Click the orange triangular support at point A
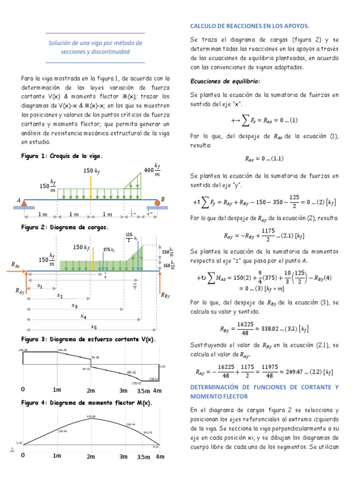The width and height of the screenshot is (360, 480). point(26,202)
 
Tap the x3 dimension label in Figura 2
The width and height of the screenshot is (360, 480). point(74,306)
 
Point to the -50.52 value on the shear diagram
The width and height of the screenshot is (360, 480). point(86,369)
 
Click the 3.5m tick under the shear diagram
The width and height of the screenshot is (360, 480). point(143,390)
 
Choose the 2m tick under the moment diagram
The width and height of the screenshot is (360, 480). point(91,456)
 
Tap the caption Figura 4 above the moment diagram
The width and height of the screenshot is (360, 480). point(35,402)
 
